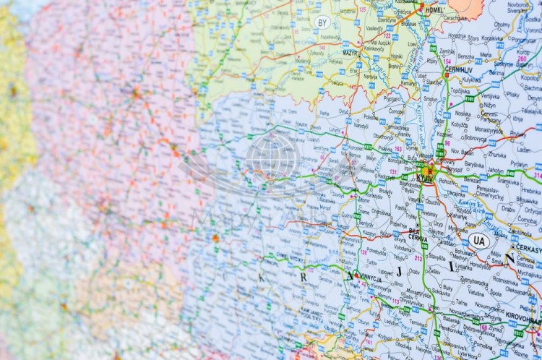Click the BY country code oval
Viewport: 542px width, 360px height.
pyautogui.click(x=322, y=22)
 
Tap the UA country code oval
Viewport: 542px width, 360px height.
pyautogui.click(x=478, y=241)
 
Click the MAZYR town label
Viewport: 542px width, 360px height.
pyautogui.click(x=331, y=53)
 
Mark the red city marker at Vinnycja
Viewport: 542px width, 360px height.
pyautogui.click(x=356, y=275)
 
